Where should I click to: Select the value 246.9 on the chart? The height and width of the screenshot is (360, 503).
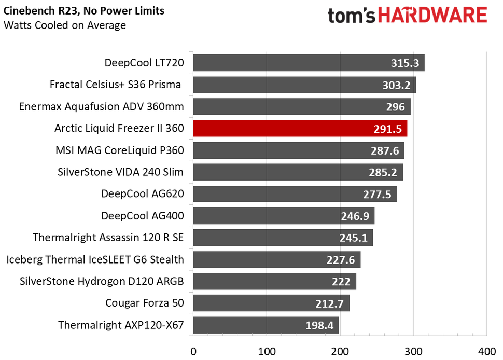point(355,216)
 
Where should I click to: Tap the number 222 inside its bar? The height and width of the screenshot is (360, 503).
point(340,282)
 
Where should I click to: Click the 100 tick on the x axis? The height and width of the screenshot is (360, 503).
point(267,351)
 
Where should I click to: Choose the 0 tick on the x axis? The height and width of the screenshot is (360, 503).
point(193,351)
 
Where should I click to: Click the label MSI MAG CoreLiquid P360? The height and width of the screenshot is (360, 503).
point(120,150)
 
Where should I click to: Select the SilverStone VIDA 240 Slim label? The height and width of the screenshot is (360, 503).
point(121,172)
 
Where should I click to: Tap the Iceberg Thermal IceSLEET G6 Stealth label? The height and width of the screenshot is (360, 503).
point(95,259)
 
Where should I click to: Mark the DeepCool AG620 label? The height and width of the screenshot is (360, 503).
point(143,194)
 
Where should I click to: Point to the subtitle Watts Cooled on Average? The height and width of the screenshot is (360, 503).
point(64,25)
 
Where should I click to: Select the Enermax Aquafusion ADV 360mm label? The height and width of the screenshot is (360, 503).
point(102,107)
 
